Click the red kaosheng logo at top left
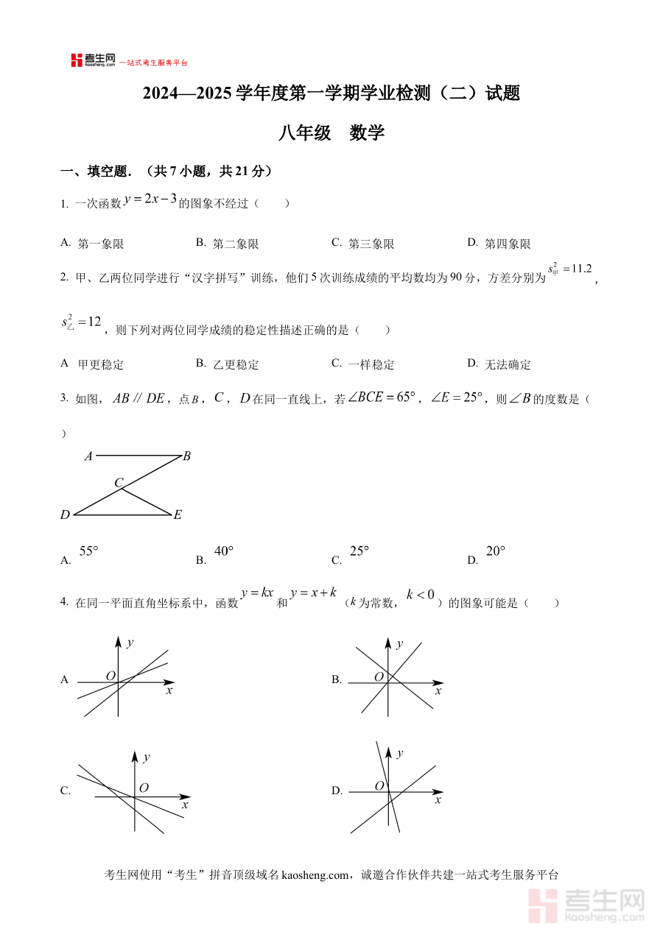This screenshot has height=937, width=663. (93, 60)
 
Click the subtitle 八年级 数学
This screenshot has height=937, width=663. (331, 133)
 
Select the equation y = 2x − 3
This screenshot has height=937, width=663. (150, 199)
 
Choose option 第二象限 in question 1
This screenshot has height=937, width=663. (235, 244)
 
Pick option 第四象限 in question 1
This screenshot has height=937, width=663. (507, 244)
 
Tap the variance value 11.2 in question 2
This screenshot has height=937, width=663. (581, 269)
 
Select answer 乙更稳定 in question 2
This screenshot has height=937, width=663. (235, 364)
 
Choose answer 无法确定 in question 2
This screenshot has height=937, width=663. (507, 364)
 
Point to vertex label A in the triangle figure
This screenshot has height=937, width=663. (88, 456)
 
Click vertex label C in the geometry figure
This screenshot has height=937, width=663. (119, 483)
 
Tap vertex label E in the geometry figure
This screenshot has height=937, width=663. (178, 515)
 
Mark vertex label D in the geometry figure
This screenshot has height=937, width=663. (65, 515)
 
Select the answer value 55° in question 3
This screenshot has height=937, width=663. (89, 551)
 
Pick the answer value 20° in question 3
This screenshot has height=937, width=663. (497, 551)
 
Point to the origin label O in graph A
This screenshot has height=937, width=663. (110, 676)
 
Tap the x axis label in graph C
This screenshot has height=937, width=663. (185, 806)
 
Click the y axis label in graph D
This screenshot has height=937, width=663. (400, 754)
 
